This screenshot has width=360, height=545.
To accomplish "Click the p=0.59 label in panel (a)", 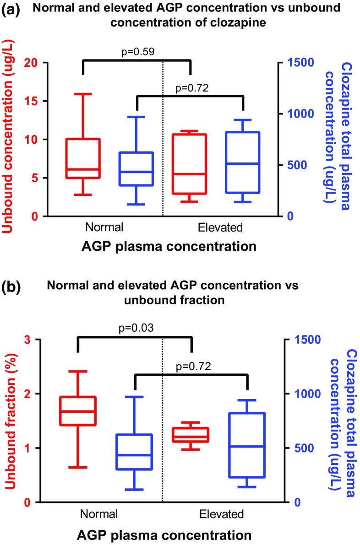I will tap(137, 52).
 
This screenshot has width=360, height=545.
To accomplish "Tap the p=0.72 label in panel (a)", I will tap(192, 88).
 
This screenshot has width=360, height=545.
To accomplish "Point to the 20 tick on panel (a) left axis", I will tap(38, 63).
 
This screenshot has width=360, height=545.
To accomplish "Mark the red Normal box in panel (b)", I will tap(78, 411).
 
